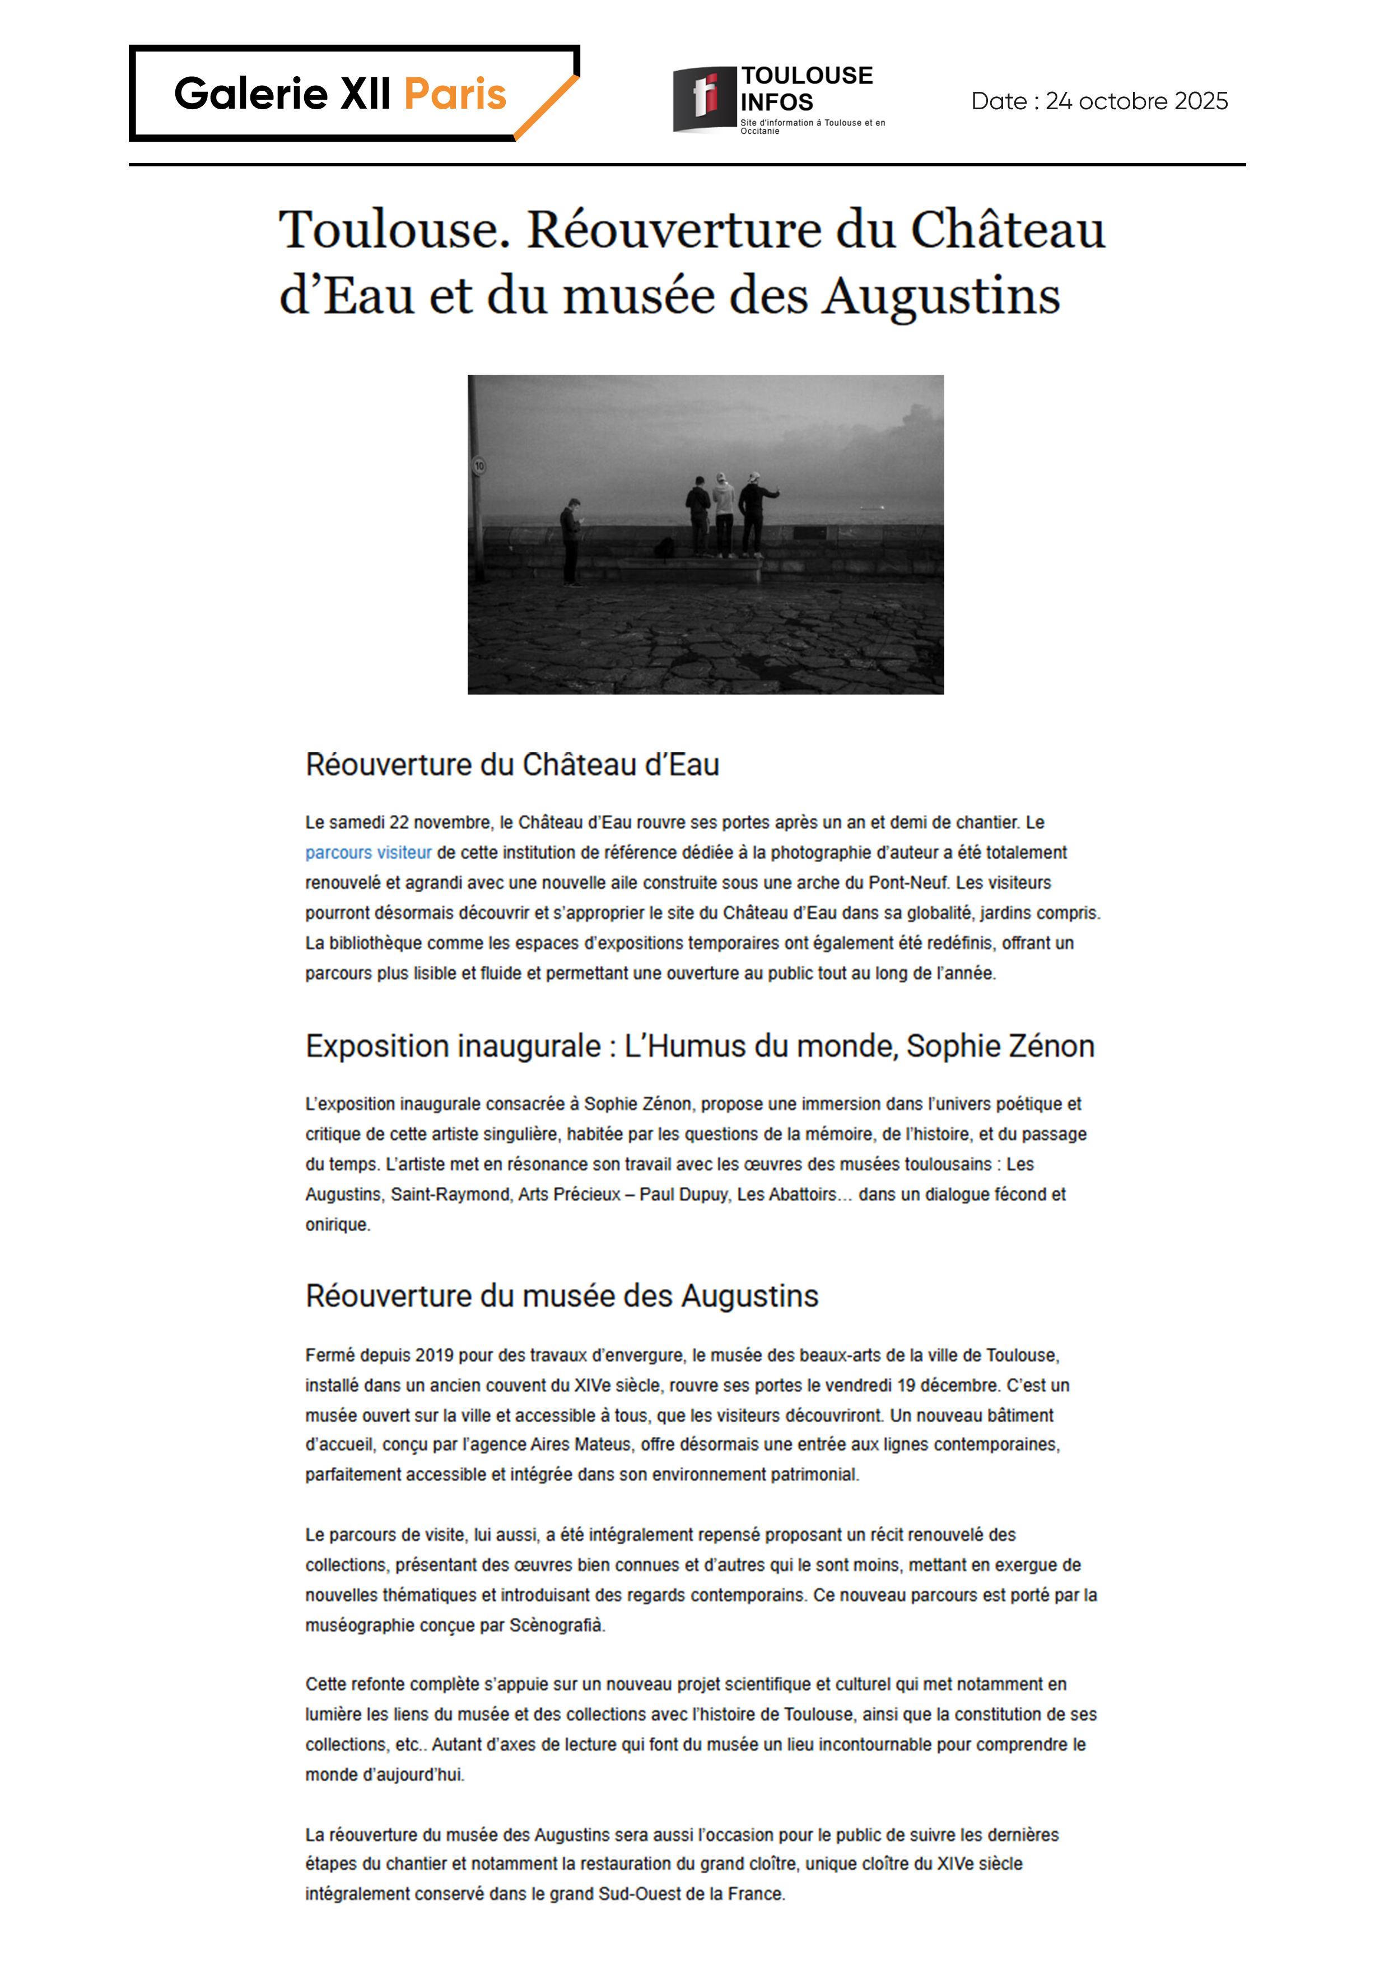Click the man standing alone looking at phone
coord(571,541)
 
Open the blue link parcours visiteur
coord(368,853)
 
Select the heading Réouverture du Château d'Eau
coord(512,764)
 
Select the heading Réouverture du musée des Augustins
coord(561,1296)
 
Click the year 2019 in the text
coord(434,1355)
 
